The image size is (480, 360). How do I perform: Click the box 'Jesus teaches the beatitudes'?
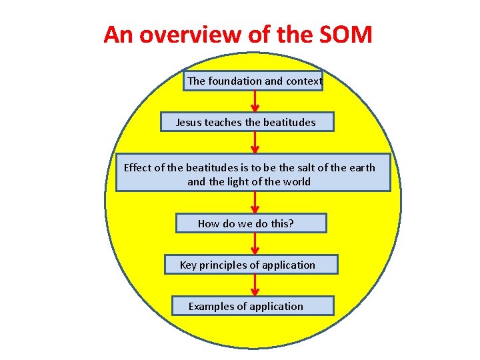coord(247,122)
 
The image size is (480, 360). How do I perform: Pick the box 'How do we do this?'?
coord(251,223)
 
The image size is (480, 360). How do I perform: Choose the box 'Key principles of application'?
coord(251,265)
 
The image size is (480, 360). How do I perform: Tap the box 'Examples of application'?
coord(252,306)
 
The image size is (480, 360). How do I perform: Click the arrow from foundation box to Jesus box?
coord(255,101)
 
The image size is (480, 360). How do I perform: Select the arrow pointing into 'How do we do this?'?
coord(255,203)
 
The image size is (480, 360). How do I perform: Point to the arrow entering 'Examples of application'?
coord(255,285)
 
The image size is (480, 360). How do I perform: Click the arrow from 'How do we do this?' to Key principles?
coord(255,244)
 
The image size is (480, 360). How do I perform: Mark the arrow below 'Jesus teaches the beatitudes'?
coord(255,143)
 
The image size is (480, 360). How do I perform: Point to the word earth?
coord(362,167)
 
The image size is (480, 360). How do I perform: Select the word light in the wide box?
coord(239,181)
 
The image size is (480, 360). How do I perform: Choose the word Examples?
coord(209,306)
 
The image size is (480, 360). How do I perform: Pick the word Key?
coord(189,265)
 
